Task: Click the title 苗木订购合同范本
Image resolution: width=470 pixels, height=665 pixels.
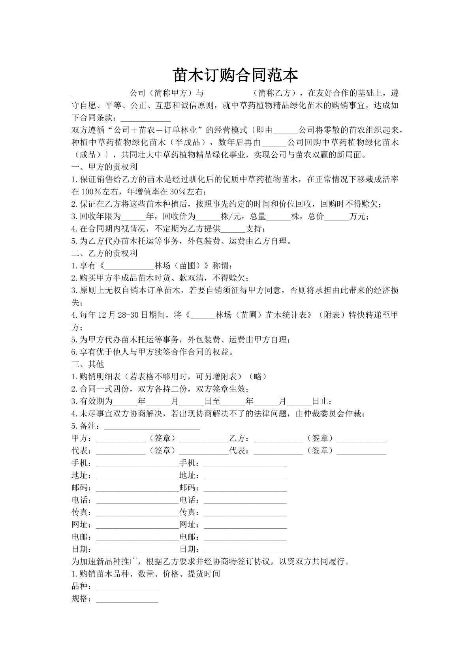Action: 235,75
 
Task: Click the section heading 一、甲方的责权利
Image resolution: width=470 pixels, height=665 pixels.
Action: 104,167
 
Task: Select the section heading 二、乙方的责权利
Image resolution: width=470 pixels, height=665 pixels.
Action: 104,253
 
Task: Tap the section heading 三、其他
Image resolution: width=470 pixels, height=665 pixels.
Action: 88,364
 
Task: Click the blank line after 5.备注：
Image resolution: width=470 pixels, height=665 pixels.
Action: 152,427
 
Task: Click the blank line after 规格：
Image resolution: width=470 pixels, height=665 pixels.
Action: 127,599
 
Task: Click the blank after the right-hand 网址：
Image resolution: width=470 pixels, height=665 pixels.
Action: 245,525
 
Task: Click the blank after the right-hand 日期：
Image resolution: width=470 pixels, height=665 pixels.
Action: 245,549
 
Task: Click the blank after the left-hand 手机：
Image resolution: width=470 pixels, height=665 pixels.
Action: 137,463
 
